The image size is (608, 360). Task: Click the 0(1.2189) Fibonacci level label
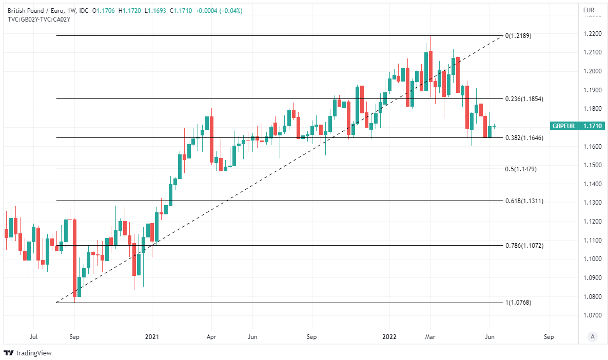[518, 36]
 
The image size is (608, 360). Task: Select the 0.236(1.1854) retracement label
[524, 99]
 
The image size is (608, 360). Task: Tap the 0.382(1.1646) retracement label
[524, 138]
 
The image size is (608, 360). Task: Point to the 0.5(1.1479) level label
[521, 169]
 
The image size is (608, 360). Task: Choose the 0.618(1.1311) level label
[524, 201]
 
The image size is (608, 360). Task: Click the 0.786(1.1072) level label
[524, 246]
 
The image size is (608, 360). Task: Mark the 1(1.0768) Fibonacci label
[518, 303]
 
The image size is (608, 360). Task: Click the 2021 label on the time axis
[152, 337]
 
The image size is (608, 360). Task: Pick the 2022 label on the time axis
[390, 337]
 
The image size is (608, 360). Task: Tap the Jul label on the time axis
[34, 337]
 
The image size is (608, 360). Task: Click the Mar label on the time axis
[430, 337]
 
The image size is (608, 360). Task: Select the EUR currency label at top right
[589, 10]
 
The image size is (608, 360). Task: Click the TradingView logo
[28, 353]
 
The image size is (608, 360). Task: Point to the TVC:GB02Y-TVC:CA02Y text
[39, 19]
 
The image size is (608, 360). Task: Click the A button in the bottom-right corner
[593, 336]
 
